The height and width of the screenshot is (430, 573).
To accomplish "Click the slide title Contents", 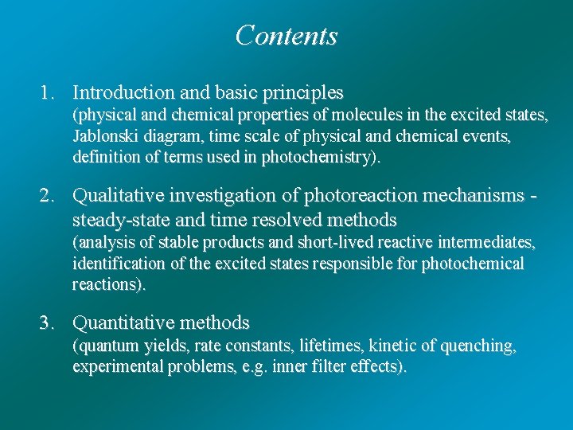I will (286, 36).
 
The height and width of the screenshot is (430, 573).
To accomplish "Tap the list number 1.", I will (46, 93).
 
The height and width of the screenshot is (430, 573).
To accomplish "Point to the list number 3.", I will (46, 323).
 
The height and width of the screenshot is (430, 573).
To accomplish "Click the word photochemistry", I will (318, 157).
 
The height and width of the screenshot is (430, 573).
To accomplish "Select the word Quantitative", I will (121, 323).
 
